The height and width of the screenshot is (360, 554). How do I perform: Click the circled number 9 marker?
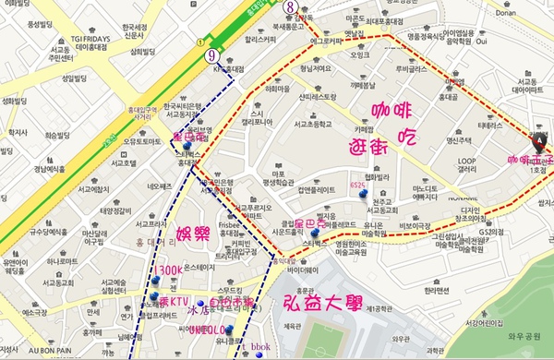point(212,54)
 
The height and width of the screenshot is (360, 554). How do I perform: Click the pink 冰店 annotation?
point(199,312)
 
